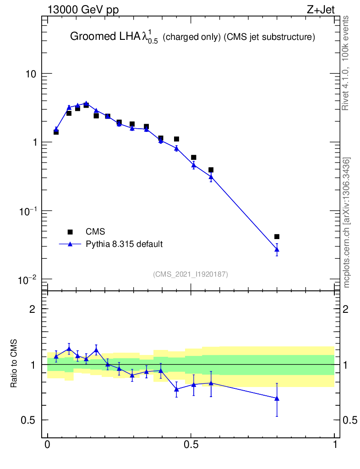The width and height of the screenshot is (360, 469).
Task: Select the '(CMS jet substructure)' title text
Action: [x=269, y=38]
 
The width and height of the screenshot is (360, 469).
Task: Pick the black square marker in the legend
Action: [x=70, y=232]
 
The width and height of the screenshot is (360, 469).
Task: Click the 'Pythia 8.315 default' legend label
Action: [x=124, y=244]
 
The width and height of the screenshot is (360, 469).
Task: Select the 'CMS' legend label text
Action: [x=95, y=232]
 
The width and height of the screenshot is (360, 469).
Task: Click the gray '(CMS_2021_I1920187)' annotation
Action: [x=191, y=274]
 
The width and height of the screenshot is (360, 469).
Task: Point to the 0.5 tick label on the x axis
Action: [x=191, y=445]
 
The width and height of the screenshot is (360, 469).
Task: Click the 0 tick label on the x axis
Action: [x=48, y=445]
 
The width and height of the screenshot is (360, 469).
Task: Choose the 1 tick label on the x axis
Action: [x=335, y=445]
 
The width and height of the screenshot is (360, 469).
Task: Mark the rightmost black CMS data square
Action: [x=277, y=237]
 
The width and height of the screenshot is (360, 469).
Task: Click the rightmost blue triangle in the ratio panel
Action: [x=277, y=398]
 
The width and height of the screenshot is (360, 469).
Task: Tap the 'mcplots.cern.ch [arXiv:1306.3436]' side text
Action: [x=347, y=223]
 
